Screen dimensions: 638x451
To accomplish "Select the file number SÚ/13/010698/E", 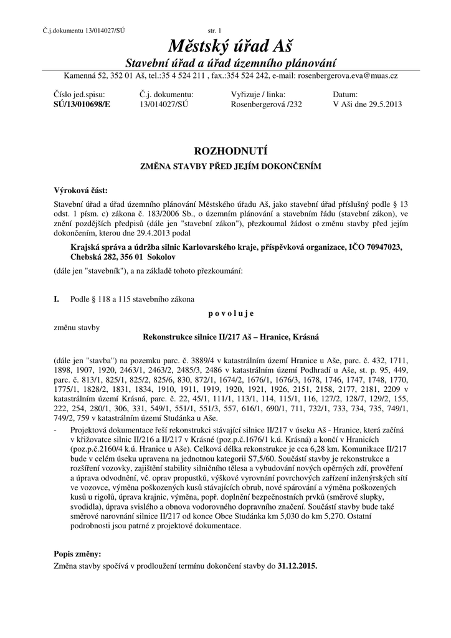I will click(82, 105).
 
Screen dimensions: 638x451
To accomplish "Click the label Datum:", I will click(346, 95).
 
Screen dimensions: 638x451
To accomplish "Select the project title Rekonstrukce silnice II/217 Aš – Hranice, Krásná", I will click(231, 337).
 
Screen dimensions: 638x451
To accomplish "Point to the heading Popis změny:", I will click(78, 553).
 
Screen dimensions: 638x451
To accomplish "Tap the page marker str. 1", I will click(218, 31).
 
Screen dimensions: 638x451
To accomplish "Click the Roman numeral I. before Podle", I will click(57, 300).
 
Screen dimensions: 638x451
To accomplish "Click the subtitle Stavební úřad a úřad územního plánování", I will click(231, 64).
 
